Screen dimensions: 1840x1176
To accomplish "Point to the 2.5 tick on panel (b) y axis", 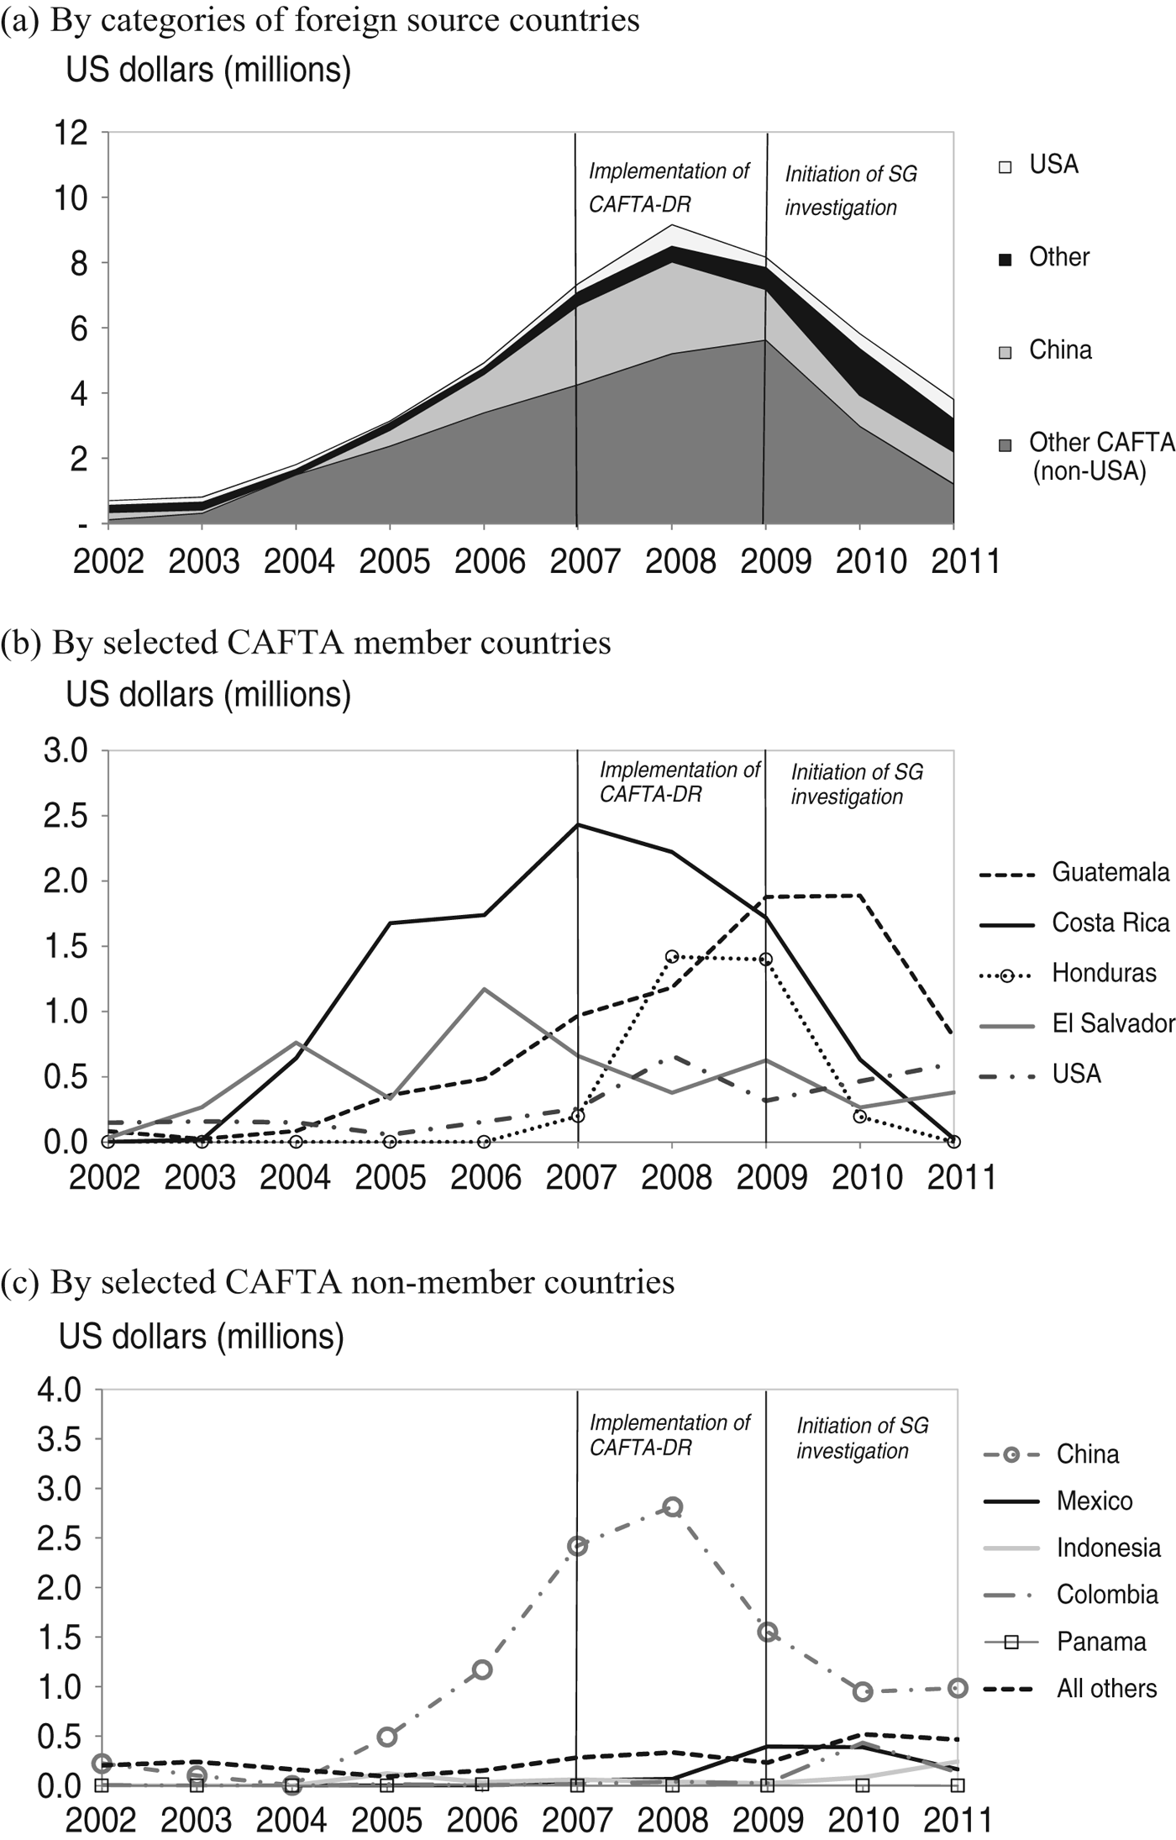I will click(x=66, y=816).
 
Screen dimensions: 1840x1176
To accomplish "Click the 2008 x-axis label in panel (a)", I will click(x=680, y=561).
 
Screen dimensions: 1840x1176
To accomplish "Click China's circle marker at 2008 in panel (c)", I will click(x=672, y=1506).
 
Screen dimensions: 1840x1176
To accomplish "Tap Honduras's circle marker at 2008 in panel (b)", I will click(x=671, y=956).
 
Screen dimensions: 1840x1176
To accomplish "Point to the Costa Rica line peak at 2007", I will click(x=578, y=824).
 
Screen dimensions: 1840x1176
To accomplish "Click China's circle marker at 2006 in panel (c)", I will click(x=482, y=1669).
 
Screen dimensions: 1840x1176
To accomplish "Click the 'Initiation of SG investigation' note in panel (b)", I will click(x=857, y=784).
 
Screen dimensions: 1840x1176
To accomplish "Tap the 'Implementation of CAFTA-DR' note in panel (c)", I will click(x=669, y=1434).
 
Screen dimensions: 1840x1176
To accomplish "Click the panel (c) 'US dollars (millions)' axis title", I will click(x=202, y=1336).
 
